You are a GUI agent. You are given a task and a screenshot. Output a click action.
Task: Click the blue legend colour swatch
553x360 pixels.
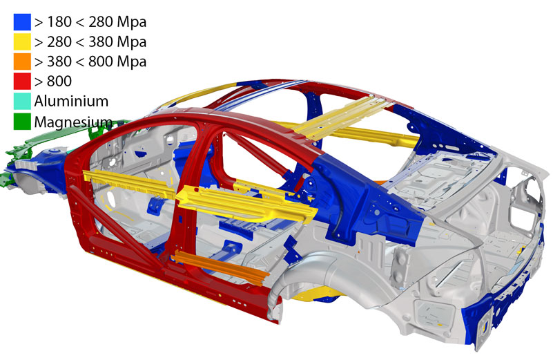pos(22,22)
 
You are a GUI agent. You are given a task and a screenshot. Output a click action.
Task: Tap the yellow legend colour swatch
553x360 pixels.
pos(22,41)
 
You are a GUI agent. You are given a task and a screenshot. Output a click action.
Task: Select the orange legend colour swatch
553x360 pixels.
pos(22,61)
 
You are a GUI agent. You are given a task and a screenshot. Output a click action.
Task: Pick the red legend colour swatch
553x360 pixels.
pos(22,81)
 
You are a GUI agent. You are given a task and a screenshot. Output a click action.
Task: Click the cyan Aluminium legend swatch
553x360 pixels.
pos(22,101)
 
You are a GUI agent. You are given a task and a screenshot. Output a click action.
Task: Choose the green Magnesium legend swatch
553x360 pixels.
pos(22,121)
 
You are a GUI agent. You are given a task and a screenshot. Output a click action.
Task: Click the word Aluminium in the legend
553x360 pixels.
pos(71,102)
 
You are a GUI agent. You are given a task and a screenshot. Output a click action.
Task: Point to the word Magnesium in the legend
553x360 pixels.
pos(73,122)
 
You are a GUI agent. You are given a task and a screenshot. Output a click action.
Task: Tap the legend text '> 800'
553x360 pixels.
pos(53,81)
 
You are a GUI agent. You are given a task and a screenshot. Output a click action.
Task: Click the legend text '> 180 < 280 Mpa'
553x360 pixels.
pos(90,22)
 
